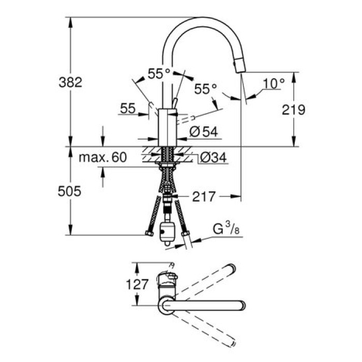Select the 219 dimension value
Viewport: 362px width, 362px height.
pos(294,109)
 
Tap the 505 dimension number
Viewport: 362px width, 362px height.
pos(70,192)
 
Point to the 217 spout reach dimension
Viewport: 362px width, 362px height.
pos(204,197)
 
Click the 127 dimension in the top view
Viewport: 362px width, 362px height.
pos(138,284)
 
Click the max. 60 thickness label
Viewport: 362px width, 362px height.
pos(102,158)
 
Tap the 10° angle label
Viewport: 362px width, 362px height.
pos(274,82)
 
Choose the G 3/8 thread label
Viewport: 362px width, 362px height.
pos(226,228)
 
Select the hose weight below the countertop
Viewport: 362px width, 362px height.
pos(167,232)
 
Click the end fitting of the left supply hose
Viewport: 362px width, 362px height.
pos(149,234)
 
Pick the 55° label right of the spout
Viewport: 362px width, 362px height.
pos(205,89)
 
